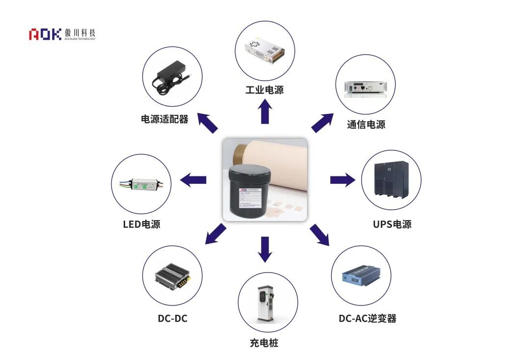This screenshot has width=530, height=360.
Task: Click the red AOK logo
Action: click(x=45, y=34)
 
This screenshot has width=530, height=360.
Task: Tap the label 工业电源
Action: click(x=265, y=90)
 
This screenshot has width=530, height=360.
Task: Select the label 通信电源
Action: click(x=366, y=125)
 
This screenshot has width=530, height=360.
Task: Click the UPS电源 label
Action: click(x=392, y=224)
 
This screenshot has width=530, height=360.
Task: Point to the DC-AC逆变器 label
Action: click(x=368, y=318)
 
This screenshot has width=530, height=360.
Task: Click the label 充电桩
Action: click(x=264, y=343)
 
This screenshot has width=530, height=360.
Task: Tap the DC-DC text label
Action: click(x=173, y=318)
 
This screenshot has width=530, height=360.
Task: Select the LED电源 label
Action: click(x=141, y=224)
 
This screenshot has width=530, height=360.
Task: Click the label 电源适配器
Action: click(x=165, y=119)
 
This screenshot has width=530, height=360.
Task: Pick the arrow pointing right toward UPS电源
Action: click(x=342, y=180)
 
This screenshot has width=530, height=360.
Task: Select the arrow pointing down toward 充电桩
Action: click(x=265, y=249)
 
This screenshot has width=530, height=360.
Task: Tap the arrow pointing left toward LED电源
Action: click(x=193, y=180)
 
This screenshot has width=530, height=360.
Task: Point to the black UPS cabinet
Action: click(x=391, y=179)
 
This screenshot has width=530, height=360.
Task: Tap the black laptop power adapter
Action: click(x=172, y=80)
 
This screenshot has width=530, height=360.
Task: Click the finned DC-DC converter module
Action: click(x=173, y=276)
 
